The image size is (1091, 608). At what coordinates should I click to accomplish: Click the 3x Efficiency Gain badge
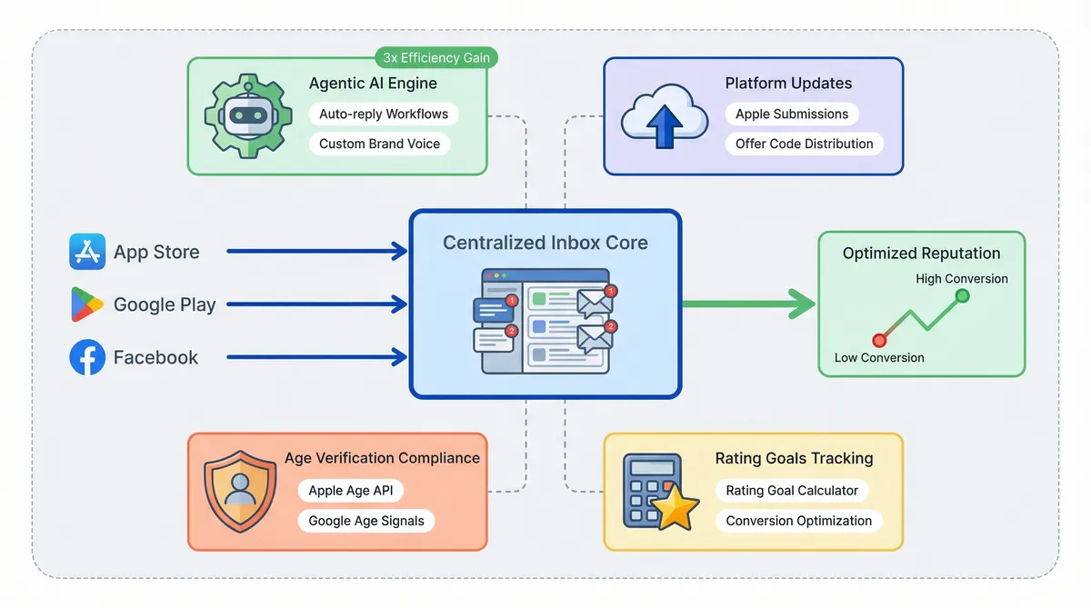click(x=436, y=58)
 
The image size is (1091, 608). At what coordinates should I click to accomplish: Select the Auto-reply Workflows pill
click(x=384, y=115)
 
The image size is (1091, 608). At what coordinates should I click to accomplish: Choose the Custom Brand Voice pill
click(x=379, y=144)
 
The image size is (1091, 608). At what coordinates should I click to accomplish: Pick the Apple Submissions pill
click(x=792, y=114)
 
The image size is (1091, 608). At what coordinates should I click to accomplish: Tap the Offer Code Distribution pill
click(x=804, y=144)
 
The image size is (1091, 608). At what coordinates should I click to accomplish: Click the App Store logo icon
click(x=87, y=252)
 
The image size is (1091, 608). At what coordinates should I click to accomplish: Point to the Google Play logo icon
click(x=87, y=304)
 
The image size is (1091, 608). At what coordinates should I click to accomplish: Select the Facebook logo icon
click(x=87, y=357)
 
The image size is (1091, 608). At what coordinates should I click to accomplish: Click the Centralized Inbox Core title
click(x=545, y=243)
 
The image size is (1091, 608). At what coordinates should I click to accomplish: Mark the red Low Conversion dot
click(x=879, y=340)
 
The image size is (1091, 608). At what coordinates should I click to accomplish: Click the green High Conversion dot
click(x=963, y=296)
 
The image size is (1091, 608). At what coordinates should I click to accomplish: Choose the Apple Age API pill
click(x=350, y=491)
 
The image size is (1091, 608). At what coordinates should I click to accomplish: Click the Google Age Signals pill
click(x=366, y=521)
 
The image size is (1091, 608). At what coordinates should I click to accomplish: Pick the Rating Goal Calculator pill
click(x=792, y=491)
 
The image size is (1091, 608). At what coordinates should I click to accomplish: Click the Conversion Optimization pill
click(x=798, y=521)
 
